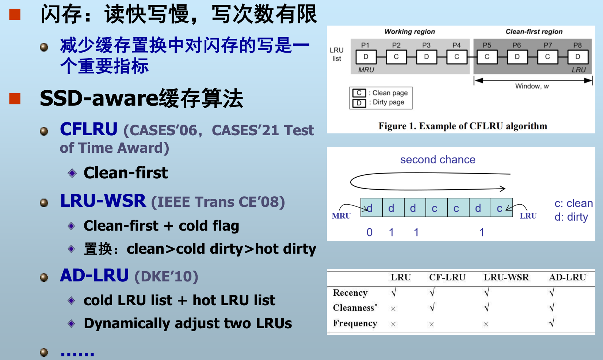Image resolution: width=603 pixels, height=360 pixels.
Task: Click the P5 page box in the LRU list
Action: (x=487, y=57)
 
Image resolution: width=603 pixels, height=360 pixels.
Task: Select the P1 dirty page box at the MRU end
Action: (x=366, y=57)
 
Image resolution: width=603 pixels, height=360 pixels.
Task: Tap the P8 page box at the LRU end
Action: (x=578, y=57)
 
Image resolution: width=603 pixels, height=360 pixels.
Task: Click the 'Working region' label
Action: (x=409, y=31)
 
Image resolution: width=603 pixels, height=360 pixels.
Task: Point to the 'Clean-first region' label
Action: (x=534, y=31)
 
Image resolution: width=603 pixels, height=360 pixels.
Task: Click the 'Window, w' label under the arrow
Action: (x=532, y=86)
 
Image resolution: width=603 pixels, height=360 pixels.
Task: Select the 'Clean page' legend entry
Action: (x=380, y=93)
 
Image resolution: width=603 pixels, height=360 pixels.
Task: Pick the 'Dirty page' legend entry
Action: (x=378, y=102)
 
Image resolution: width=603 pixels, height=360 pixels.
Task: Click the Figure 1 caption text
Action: (x=463, y=126)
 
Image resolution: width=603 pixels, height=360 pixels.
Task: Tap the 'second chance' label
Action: (x=438, y=159)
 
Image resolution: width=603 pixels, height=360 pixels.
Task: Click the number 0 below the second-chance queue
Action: (x=370, y=232)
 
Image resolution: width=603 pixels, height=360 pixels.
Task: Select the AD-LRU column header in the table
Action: (x=568, y=277)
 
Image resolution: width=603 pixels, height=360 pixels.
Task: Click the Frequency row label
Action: (x=355, y=323)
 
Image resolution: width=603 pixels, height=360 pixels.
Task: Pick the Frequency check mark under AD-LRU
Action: (x=552, y=322)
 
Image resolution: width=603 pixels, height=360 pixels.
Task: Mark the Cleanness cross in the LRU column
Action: (x=393, y=309)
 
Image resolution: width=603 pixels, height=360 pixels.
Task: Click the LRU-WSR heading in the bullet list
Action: (x=103, y=201)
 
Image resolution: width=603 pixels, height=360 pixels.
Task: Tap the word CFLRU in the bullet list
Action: (x=88, y=129)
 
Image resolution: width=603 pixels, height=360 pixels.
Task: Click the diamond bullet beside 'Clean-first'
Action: (x=72, y=173)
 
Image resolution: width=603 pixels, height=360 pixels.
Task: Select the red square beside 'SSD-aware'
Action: (x=15, y=99)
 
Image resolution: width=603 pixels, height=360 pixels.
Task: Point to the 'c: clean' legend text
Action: (x=574, y=203)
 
